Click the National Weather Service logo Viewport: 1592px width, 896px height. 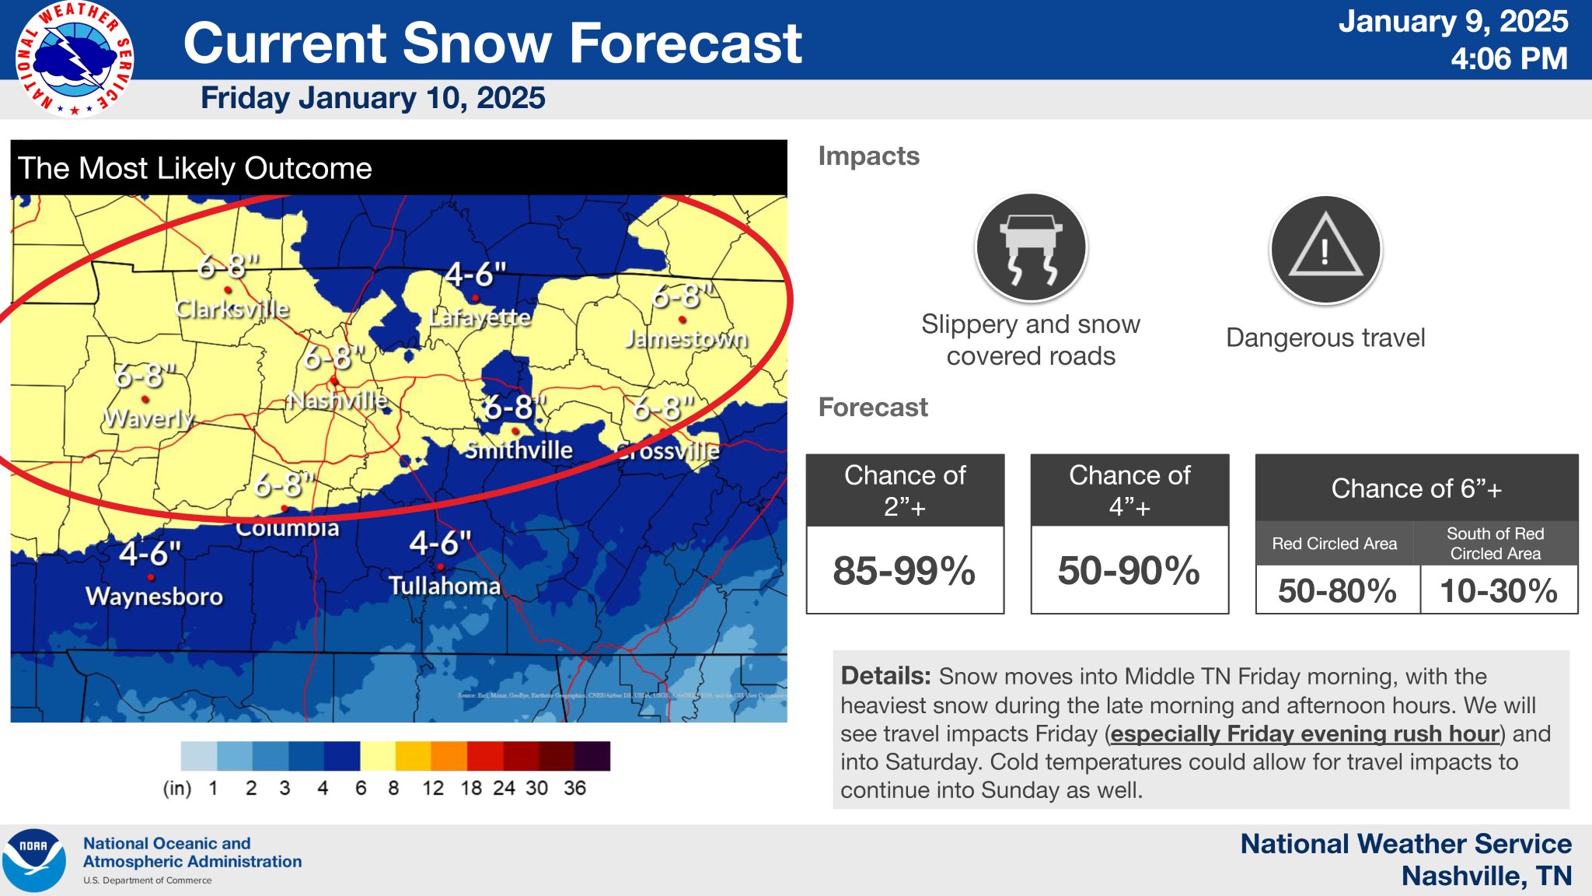tap(75, 58)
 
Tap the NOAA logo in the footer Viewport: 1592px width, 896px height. tap(33, 860)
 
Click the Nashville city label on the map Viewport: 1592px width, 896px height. tap(337, 401)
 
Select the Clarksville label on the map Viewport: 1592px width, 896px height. tap(232, 310)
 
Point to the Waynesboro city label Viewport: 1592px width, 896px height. tap(154, 597)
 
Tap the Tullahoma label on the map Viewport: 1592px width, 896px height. tap(445, 586)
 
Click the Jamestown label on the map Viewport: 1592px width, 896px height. tap(686, 339)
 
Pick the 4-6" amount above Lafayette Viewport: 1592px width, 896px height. tap(475, 274)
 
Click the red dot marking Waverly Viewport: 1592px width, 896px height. tap(145, 399)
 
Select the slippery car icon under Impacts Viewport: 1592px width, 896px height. tap(1031, 247)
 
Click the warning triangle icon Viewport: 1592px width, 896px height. tap(1325, 249)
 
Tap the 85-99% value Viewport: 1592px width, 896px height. tap(904, 570)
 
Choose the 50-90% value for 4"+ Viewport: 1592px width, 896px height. tap(1129, 570)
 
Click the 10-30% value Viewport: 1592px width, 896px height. tap(1498, 590)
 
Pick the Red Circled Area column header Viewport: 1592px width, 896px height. tap(1334, 544)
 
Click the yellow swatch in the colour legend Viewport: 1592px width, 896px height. tap(378, 755)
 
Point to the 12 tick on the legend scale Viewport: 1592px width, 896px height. tap(432, 788)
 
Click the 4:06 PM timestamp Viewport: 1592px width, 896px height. tap(1508, 59)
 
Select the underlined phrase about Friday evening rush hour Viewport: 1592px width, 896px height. tap(1304, 733)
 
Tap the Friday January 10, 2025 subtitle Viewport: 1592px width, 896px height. tap(372, 98)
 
